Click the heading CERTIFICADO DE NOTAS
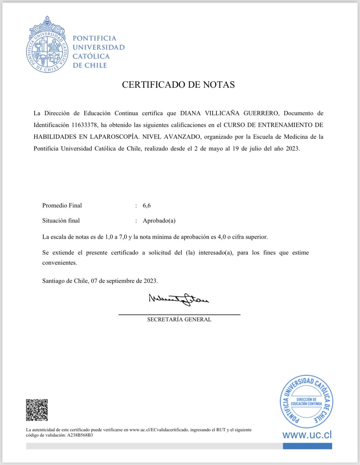178,85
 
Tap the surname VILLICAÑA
222,113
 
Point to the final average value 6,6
147,206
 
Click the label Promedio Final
62,206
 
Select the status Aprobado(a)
159,221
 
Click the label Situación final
61,221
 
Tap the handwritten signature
179,299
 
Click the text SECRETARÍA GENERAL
179,320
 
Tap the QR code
37,410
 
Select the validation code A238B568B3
80,435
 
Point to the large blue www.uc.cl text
307,435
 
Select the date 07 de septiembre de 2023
124,281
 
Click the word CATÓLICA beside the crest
91,56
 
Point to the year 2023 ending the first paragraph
292,149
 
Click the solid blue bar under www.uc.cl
307,446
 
